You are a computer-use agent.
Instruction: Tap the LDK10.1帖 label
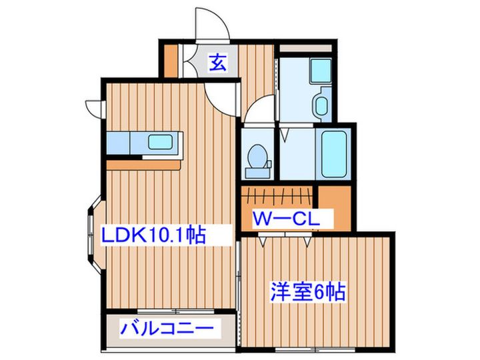pos(153,235)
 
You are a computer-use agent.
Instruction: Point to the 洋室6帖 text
pos(307,291)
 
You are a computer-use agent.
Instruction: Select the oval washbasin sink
pos(320,105)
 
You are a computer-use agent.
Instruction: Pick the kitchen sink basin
pos(162,142)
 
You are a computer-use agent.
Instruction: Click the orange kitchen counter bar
pos(144,163)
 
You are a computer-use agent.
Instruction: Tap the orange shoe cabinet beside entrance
pos(172,61)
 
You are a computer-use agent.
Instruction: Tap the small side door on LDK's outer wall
pos(94,107)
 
